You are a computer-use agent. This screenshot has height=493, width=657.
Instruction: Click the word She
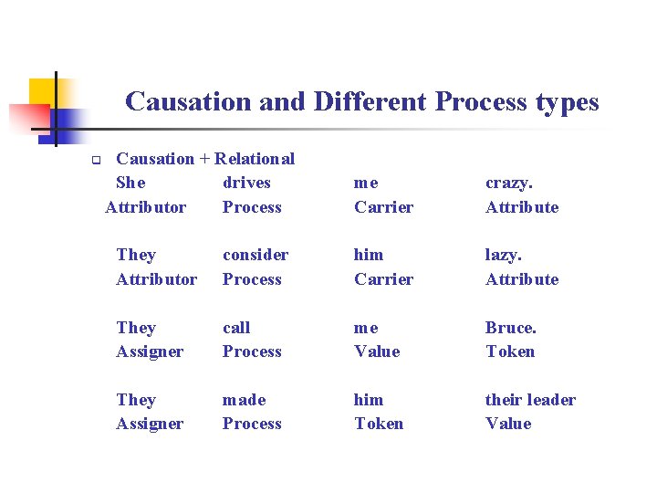pyautogui.click(x=131, y=183)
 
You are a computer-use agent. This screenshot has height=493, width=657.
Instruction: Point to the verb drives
pyautogui.click(x=246, y=183)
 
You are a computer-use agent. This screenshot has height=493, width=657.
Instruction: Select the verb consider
pyautogui.click(x=255, y=255)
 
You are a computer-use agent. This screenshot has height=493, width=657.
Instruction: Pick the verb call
pyautogui.click(x=236, y=327)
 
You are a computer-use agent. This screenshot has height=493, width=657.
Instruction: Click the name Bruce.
pyautogui.click(x=511, y=327)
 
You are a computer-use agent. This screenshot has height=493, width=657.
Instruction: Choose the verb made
pyautogui.click(x=245, y=400)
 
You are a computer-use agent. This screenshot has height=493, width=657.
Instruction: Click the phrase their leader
pyautogui.click(x=530, y=400)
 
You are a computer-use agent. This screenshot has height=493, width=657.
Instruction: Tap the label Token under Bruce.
pyautogui.click(x=510, y=351)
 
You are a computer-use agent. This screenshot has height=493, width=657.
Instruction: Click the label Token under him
pyautogui.click(x=379, y=424)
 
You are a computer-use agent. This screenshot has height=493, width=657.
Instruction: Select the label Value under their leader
pyautogui.click(x=508, y=424)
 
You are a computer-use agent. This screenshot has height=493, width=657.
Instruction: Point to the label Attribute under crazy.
pyautogui.click(x=522, y=207)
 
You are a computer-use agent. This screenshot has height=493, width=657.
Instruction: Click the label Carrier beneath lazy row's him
pyautogui.click(x=383, y=279)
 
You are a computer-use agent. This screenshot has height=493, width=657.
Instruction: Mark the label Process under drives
pyautogui.click(x=252, y=207)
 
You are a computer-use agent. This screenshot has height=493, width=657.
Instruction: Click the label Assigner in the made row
pyautogui.click(x=150, y=424)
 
